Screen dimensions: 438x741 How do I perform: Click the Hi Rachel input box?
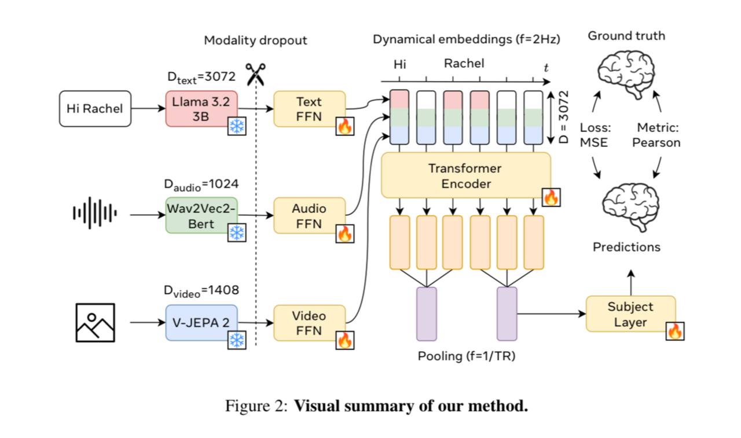[x=95, y=108]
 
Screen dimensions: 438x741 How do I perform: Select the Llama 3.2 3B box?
[x=201, y=108]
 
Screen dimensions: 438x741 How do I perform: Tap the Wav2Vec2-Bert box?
[x=201, y=215]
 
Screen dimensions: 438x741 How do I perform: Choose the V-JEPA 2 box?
[x=201, y=322]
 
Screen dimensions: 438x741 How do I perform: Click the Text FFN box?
[x=309, y=108]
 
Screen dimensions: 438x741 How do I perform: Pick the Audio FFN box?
[x=309, y=215]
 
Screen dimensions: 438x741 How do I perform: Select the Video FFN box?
[x=309, y=322]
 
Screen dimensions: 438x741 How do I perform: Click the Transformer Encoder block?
[x=465, y=175]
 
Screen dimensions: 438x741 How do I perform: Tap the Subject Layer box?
[x=630, y=314]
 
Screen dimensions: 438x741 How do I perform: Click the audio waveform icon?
[x=95, y=214]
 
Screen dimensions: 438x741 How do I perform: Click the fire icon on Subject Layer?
[x=674, y=332]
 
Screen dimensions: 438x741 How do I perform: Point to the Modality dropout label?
[x=255, y=41]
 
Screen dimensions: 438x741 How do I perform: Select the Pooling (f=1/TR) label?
[x=467, y=355]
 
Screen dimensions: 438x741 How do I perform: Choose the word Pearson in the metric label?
[x=656, y=142]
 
